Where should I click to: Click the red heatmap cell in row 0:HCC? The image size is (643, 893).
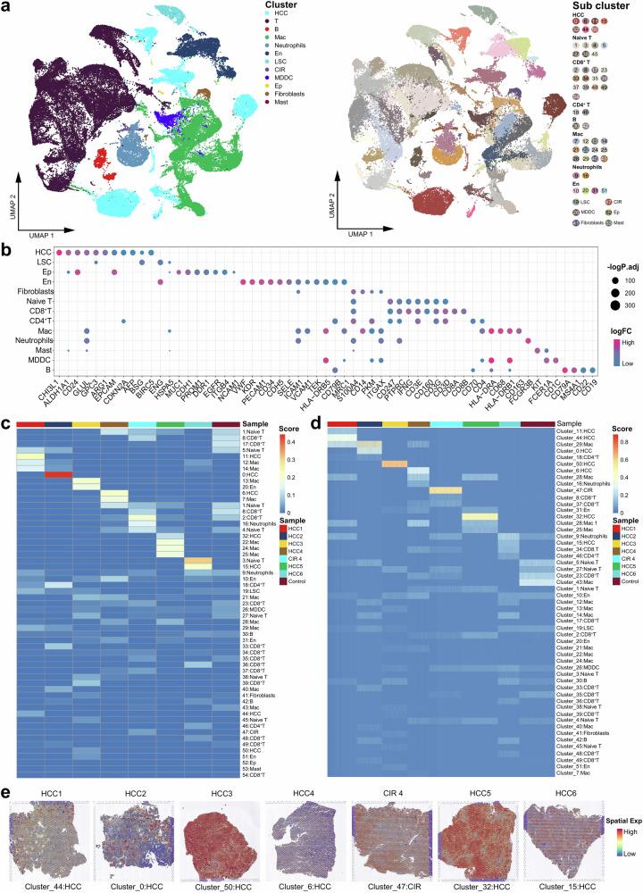point(58,474)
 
